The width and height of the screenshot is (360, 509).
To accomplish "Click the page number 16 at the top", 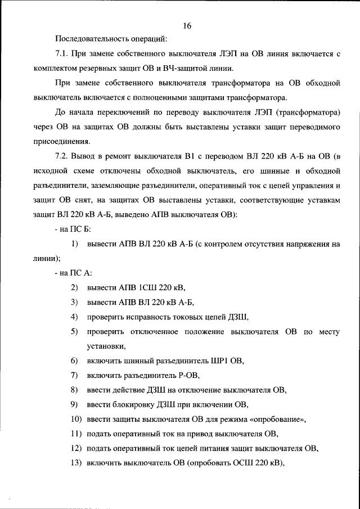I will click(187, 26).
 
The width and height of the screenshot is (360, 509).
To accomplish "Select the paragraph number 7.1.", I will click(62, 54).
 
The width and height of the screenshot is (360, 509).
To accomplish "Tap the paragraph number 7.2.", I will click(62, 156).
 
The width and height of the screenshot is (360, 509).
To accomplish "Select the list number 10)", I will click(76, 419).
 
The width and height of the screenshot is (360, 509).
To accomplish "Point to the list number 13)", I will click(76, 463).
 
